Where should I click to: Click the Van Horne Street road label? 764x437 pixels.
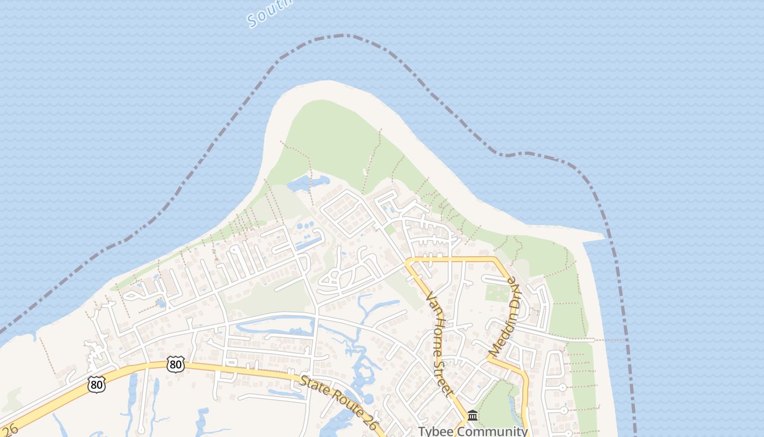click(x=439, y=343)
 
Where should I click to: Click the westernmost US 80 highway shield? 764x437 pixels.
click(x=96, y=385)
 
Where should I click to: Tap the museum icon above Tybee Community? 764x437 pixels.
click(x=473, y=416)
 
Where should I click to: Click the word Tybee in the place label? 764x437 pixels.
click(x=436, y=432)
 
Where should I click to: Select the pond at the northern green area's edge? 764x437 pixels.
click(x=306, y=184)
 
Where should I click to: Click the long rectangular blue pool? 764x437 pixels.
click(x=309, y=241)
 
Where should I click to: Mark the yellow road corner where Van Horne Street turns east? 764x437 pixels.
click(x=409, y=261)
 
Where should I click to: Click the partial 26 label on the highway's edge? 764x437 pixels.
click(x=8, y=430)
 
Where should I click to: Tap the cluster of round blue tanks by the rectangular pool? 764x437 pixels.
click(x=304, y=225)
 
